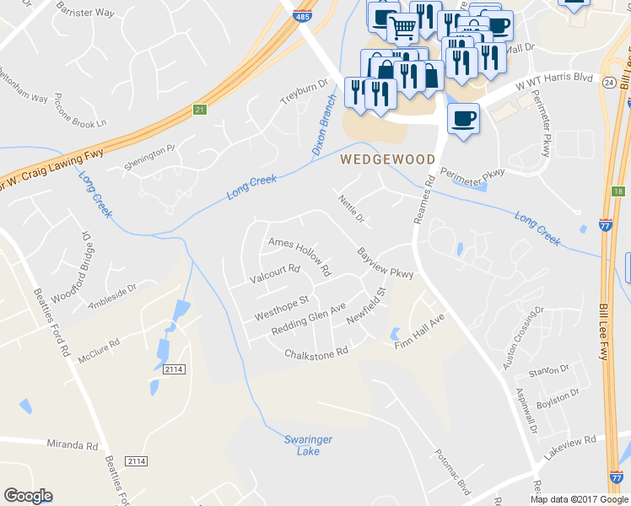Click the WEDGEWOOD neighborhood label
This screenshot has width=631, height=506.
tap(388, 159)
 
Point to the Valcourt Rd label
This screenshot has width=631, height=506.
tap(275, 274)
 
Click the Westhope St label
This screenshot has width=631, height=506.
tap(282, 308)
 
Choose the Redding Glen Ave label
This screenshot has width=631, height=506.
tap(309, 320)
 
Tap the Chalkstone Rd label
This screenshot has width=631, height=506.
tap(316, 353)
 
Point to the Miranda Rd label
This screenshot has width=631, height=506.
tap(73, 445)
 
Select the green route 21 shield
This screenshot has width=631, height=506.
tap(199, 110)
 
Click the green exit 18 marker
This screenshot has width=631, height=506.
tap(618, 192)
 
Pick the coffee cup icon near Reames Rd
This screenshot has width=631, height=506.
tap(463, 116)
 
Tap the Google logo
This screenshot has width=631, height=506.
tap(29, 496)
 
